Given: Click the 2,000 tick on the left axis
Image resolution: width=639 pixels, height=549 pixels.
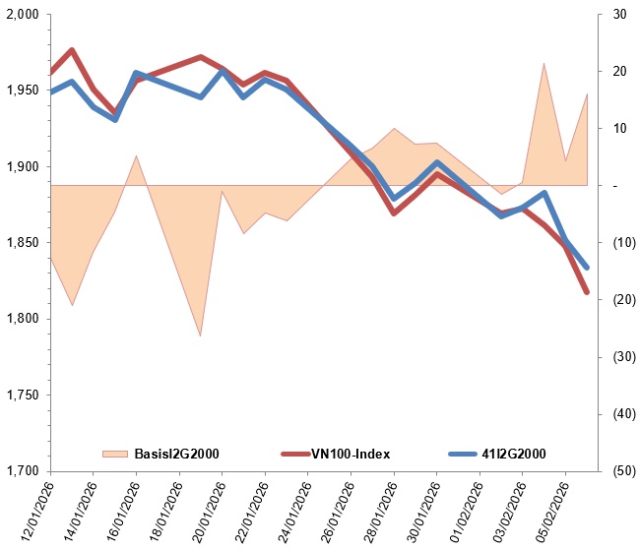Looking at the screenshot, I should point(21,15).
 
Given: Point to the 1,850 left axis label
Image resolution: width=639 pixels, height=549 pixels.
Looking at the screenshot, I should point(21,243).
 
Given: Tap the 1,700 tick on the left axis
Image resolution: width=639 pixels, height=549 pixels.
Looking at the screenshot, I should point(21,471).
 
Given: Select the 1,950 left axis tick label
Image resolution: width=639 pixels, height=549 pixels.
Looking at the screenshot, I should point(21,91).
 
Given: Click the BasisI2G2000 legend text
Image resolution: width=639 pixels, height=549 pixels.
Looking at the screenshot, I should point(176,454).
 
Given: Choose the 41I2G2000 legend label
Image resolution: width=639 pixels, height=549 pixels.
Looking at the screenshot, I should point(510,454).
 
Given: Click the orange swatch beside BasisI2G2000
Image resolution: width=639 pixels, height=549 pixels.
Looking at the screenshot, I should point(115,454).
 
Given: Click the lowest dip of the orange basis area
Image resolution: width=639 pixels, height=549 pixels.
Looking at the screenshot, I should point(201,335).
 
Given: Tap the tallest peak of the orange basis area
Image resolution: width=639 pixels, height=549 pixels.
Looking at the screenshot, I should point(544,64).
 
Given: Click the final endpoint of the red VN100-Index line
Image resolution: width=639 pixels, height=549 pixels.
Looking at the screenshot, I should point(587,292).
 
